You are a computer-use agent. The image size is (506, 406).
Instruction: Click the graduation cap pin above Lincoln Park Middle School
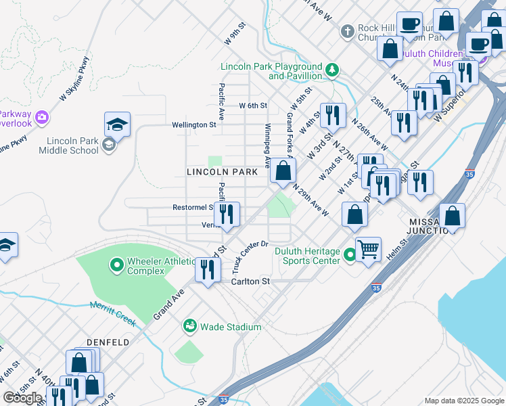coord(117,125)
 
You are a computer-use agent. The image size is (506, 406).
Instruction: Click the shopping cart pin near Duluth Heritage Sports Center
coord(368,249)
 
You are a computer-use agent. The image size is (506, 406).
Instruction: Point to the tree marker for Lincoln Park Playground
coord(332,70)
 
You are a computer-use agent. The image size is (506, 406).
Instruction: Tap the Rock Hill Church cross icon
coord(348,32)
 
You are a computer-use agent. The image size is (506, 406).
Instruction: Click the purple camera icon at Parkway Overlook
coord(43,118)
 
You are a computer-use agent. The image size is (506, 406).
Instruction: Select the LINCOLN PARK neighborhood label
coord(222,173)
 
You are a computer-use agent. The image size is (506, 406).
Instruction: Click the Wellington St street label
coord(193,125)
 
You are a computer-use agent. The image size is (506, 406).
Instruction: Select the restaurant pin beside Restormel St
coord(227,215)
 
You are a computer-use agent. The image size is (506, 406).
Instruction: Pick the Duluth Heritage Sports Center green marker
coord(350,255)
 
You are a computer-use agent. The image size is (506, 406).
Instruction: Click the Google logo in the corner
coord(24,398)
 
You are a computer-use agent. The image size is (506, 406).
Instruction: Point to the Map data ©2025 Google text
coord(463,401)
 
